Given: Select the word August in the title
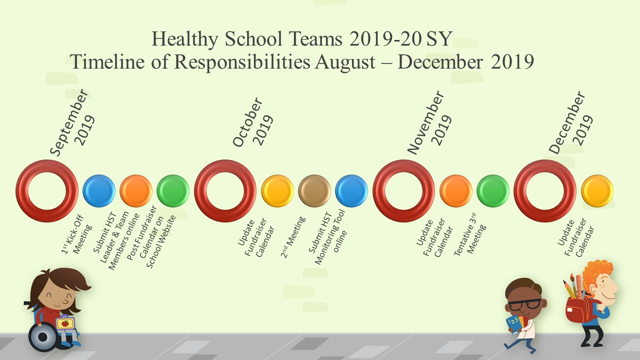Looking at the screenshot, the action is [345, 62].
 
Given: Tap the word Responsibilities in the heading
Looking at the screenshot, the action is [242, 62].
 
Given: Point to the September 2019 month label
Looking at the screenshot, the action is [72, 122].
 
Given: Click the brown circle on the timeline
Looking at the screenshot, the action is [314, 191].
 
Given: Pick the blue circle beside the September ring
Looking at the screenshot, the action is [99, 191].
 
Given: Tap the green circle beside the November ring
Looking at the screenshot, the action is [493, 191].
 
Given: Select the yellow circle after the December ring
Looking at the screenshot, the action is [597, 191].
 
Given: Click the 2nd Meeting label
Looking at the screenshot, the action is [293, 237].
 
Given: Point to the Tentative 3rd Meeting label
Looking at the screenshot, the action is [470, 234].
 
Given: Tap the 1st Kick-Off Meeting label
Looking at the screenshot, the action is [77, 235].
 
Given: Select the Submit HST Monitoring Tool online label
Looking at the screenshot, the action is [327, 237].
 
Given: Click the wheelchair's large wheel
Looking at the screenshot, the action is [43, 337].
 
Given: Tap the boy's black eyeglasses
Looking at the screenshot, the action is [524, 304].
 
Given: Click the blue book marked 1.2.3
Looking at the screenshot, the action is [513, 324].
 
